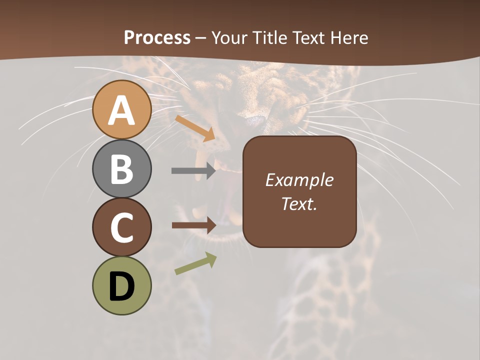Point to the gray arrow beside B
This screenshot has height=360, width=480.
pyautogui.click(x=193, y=170)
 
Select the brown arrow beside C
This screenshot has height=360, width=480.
pyautogui.click(x=193, y=225)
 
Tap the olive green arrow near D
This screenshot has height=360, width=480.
pyautogui.click(x=195, y=263)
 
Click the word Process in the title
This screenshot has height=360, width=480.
pyautogui.click(x=157, y=37)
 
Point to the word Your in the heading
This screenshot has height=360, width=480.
pyautogui.click(x=229, y=37)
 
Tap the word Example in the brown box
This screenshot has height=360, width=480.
pyautogui.click(x=299, y=180)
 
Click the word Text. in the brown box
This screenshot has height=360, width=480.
pyautogui.click(x=299, y=204)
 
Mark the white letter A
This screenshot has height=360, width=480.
pyautogui.click(x=122, y=110)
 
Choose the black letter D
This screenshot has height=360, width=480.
pyautogui.click(x=122, y=287)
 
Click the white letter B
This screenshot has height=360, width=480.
pyautogui.click(x=122, y=169)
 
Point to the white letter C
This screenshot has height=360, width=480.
pyautogui.click(x=122, y=228)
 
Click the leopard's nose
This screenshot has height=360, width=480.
pyautogui.click(x=255, y=120)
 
